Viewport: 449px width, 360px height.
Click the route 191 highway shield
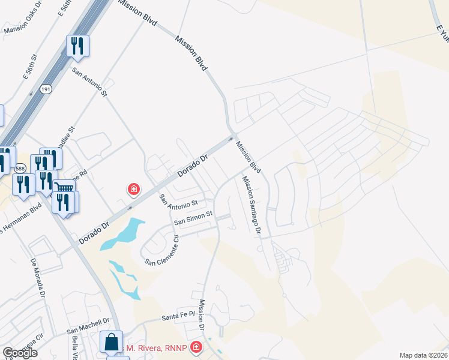46,89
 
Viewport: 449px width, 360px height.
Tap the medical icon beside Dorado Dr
134,190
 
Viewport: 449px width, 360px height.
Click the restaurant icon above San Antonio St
77,46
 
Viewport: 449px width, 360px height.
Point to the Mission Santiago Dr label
253,206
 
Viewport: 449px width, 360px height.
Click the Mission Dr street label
203,319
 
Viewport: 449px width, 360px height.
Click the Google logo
20,353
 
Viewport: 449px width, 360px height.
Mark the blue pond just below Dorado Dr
123,235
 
